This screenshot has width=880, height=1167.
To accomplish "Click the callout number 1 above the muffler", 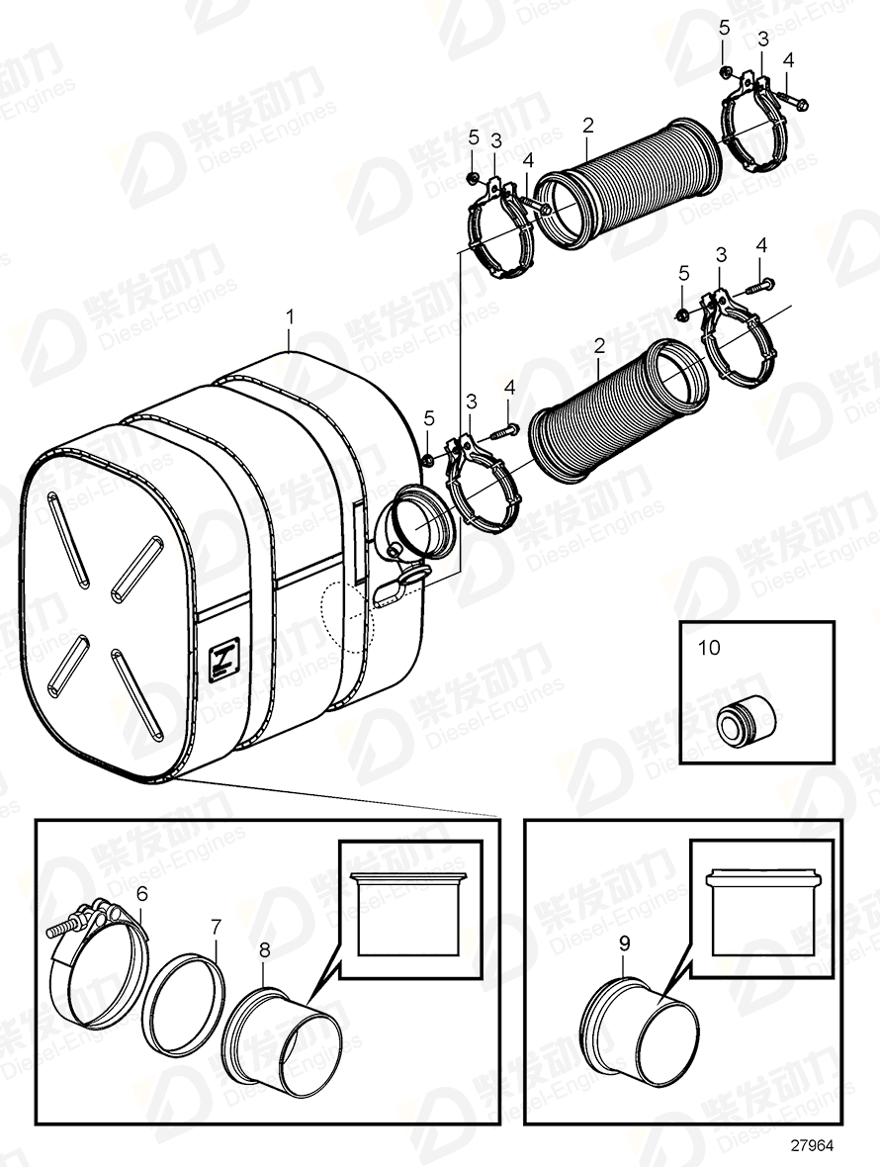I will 290,316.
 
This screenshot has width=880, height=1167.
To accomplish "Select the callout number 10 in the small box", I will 710,648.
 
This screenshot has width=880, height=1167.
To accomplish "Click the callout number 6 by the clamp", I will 141,892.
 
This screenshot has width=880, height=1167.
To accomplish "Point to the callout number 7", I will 216,927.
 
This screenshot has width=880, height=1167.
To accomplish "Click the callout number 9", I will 624,943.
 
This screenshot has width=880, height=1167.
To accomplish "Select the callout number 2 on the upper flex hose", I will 588,126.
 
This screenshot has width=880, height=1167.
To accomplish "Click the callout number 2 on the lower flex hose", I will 599,346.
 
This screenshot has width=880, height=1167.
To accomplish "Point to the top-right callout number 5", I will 724,28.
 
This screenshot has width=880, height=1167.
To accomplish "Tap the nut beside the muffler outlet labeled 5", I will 428,458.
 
